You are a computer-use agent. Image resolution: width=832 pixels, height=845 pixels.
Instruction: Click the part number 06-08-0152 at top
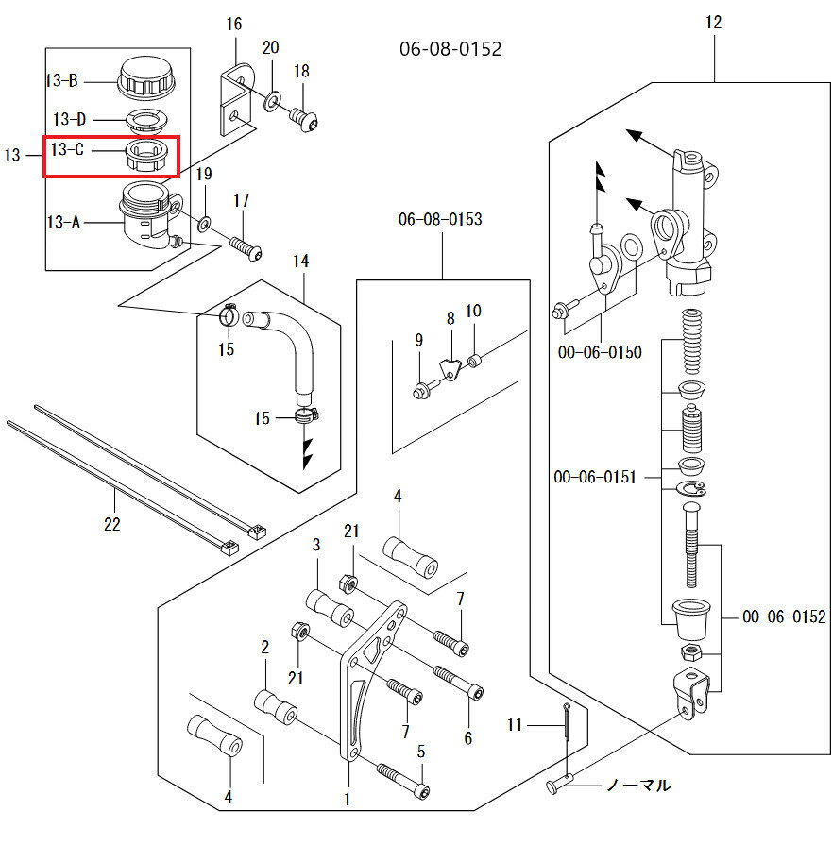click(450, 48)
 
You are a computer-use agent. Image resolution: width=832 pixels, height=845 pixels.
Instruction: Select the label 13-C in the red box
click(69, 149)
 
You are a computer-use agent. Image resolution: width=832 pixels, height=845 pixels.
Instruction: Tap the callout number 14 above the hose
click(300, 261)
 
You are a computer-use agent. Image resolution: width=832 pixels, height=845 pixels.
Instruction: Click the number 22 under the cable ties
click(112, 525)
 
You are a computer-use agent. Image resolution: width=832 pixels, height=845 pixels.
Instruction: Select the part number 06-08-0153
click(440, 219)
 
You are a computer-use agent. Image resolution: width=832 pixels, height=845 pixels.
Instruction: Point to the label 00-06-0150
click(599, 352)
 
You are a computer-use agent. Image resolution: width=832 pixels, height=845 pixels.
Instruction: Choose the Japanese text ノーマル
click(638, 785)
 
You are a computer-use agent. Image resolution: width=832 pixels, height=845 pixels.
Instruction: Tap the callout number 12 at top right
click(713, 23)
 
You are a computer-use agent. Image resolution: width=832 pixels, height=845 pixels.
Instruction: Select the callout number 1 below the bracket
click(348, 800)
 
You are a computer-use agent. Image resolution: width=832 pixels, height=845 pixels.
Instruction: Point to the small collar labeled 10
click(474, 359)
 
